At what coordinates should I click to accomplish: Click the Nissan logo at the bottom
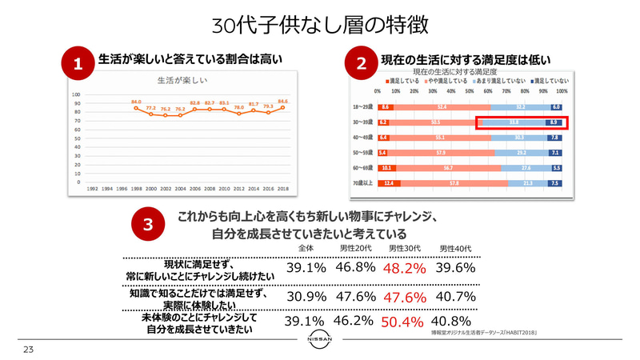[321, 342]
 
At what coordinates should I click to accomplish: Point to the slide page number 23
[28, 350]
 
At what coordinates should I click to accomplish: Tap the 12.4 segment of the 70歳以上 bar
[390, 183]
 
